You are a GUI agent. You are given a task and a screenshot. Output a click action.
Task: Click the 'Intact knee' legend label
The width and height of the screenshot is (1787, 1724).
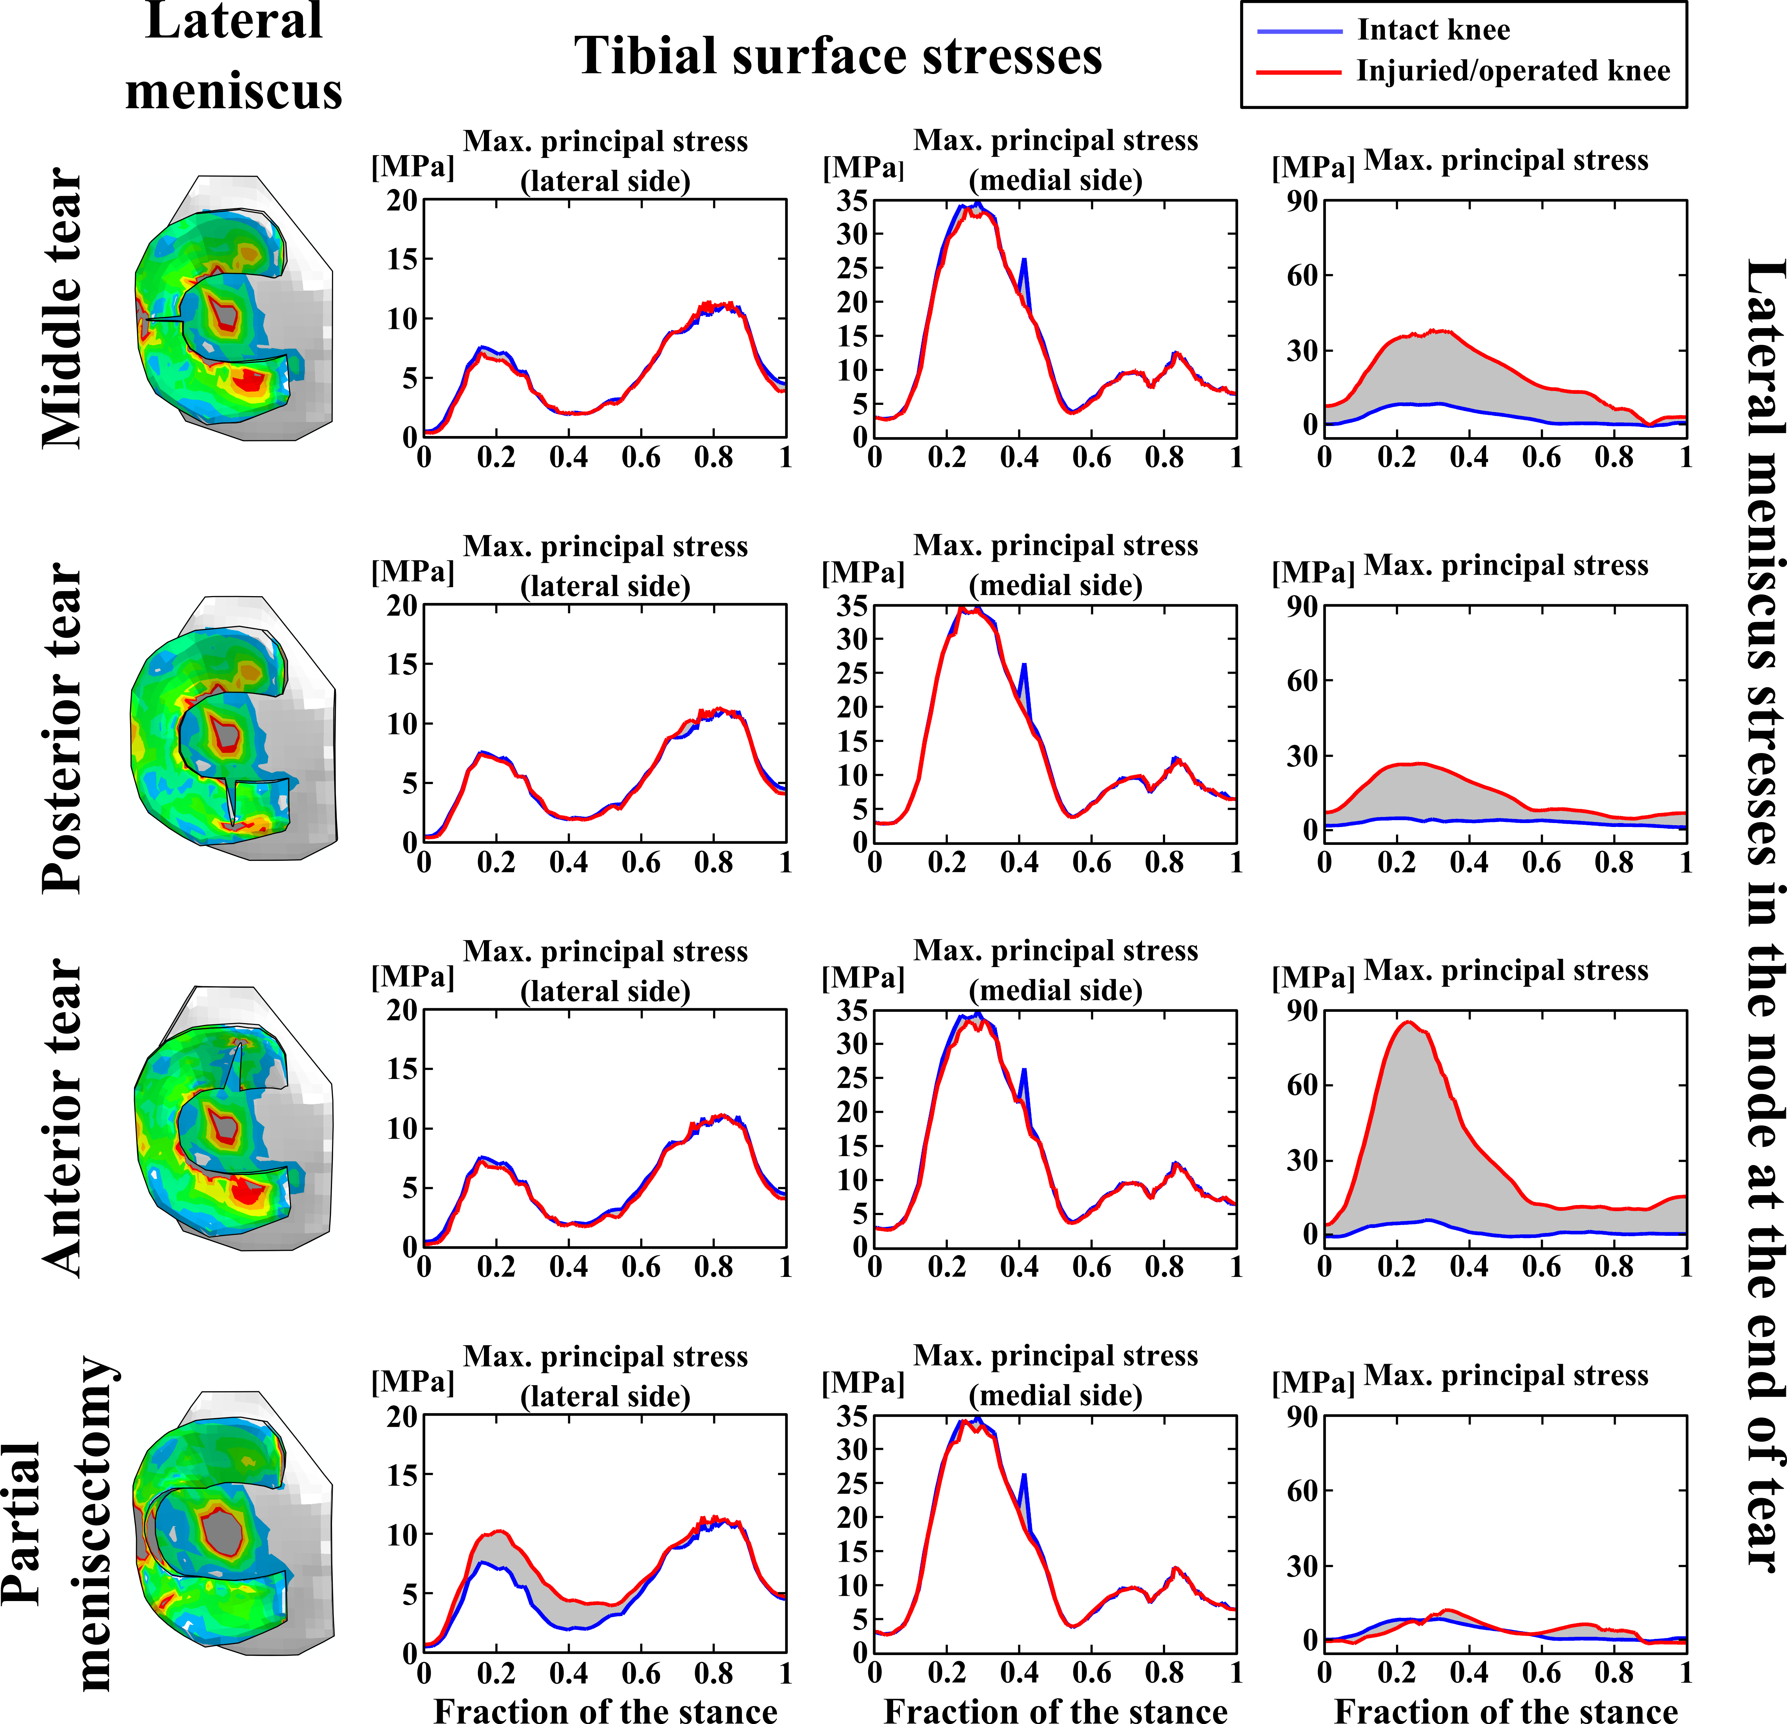1433,30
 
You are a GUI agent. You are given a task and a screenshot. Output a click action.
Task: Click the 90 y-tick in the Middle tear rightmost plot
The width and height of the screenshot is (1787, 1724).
1302,200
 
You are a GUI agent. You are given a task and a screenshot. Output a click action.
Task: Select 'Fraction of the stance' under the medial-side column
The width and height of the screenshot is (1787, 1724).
1056,1710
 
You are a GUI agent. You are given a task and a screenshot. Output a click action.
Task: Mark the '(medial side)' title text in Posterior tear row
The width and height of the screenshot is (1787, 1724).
1056,585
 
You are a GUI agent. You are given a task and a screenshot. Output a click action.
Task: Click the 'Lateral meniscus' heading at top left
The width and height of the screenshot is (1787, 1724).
234,56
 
